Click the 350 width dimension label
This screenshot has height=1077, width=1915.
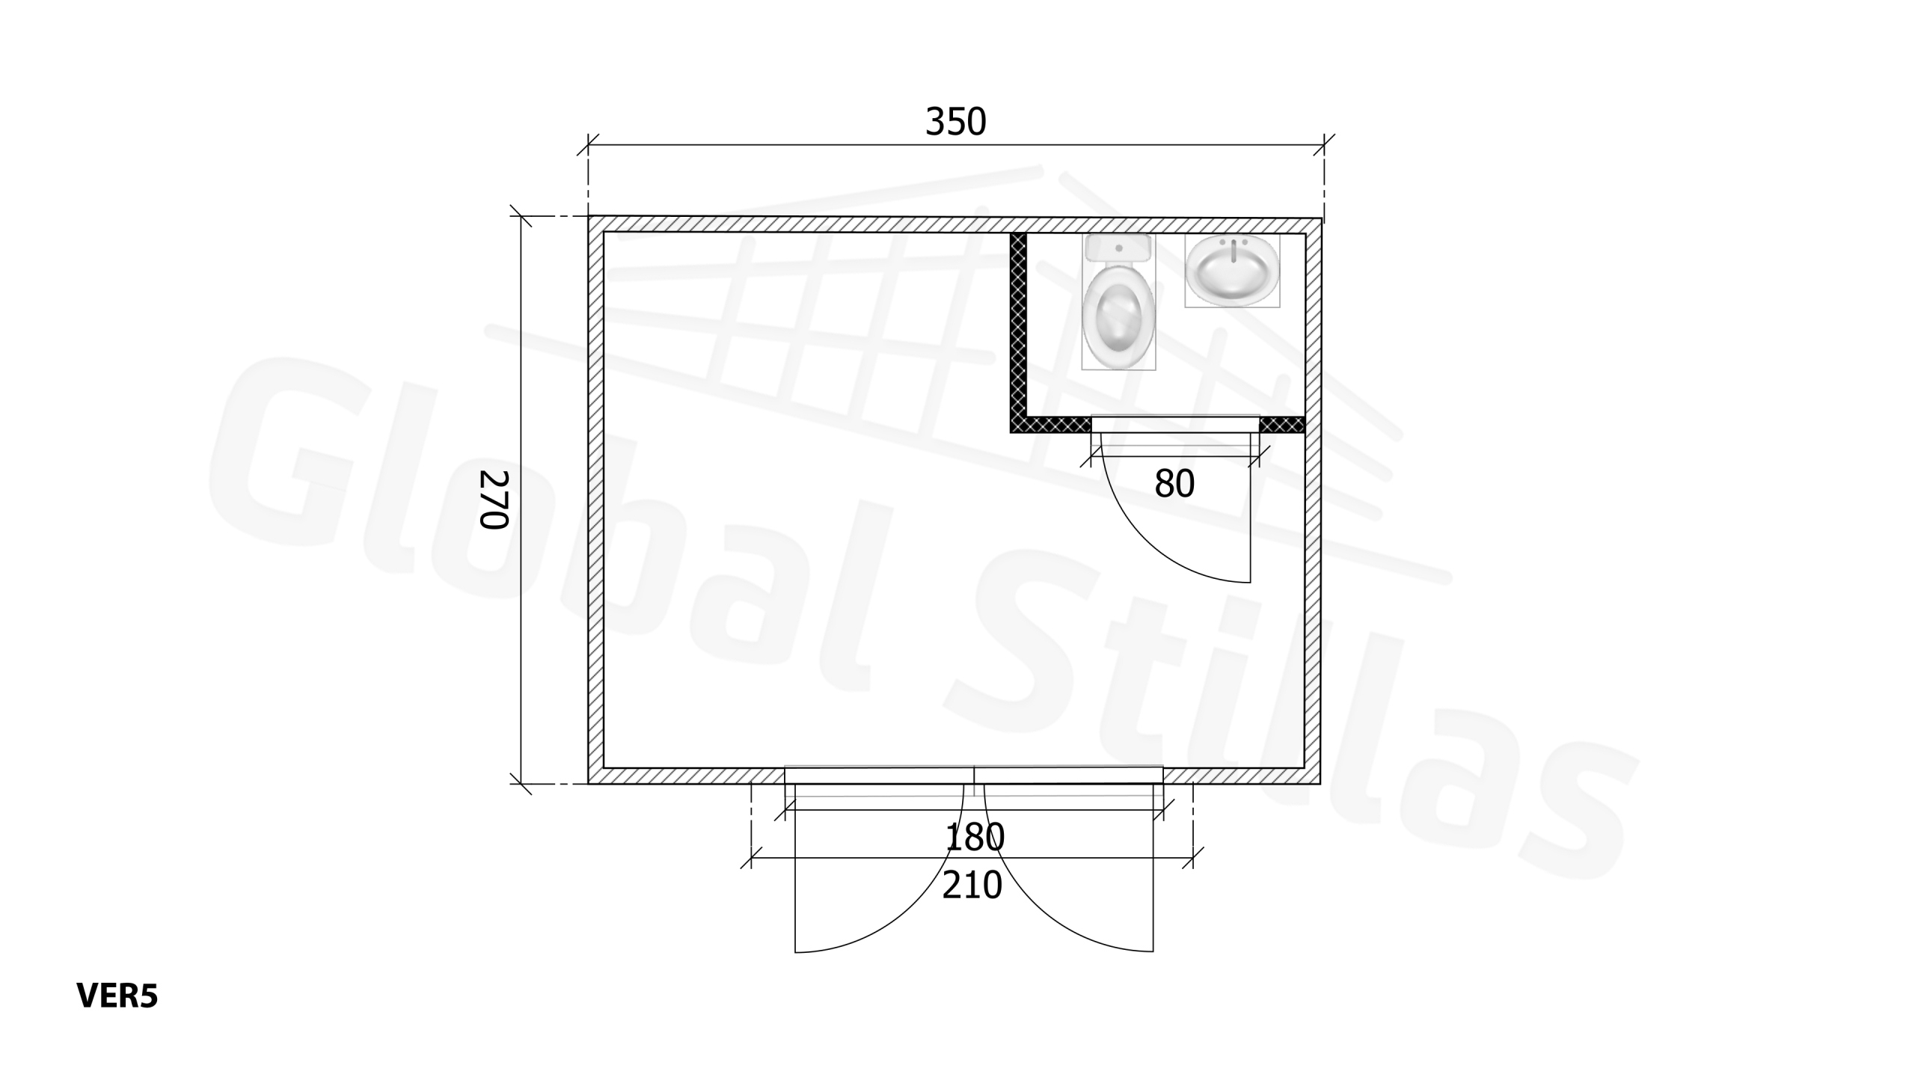955,122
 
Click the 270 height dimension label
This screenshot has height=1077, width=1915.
494,499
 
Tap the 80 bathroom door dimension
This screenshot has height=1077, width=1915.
1174,484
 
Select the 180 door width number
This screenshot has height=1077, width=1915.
975,838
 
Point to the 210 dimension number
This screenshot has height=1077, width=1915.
972,886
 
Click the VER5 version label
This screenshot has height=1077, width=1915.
117,996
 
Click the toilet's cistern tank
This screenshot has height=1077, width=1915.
1118,248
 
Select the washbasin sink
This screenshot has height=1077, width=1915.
1232,271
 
